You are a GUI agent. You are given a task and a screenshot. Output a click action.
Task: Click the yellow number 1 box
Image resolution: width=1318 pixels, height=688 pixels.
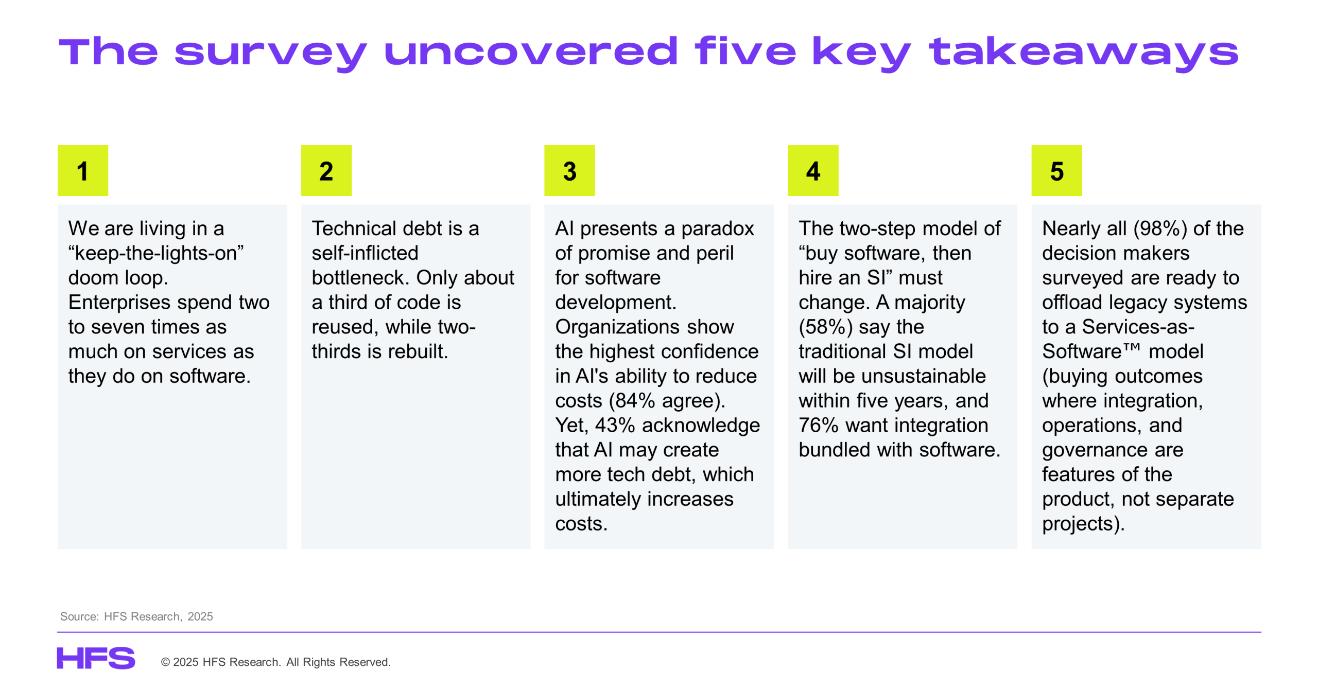[x=82, y=170]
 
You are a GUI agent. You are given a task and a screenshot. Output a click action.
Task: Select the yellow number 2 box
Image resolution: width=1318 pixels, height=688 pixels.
[x=326, y=170]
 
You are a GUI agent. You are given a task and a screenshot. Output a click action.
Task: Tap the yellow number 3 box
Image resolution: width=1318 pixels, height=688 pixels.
[x=569, y=170]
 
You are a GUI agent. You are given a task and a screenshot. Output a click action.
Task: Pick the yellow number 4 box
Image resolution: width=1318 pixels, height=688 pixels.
[x=813, y=170]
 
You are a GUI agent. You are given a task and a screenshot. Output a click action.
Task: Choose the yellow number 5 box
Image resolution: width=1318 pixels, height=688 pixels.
[x=1056, y=170]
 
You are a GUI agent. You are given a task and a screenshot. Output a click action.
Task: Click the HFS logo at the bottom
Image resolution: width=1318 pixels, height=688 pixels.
[x=96, y=658]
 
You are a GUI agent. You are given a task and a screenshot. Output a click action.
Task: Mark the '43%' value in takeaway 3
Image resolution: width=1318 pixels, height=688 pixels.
[x=615, y=425]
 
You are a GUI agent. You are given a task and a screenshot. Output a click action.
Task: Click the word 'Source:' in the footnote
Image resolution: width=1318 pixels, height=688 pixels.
[x=79, y=616]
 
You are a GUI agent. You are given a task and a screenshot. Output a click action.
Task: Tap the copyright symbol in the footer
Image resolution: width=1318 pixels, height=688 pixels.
[x=165, y=662]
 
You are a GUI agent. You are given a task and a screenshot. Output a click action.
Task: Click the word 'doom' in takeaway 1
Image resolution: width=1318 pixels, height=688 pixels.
[x=94, y=277]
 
